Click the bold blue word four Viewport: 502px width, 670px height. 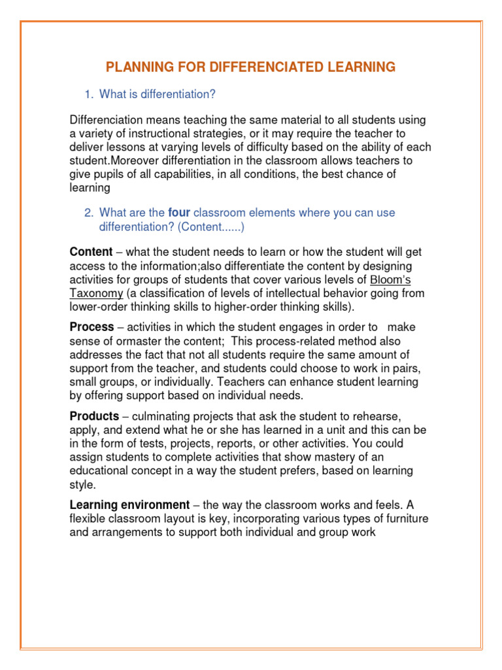point(179,213)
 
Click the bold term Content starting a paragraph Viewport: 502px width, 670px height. point(91,253)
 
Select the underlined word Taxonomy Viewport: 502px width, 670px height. point(96,294)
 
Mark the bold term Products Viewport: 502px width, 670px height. point(94,416)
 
